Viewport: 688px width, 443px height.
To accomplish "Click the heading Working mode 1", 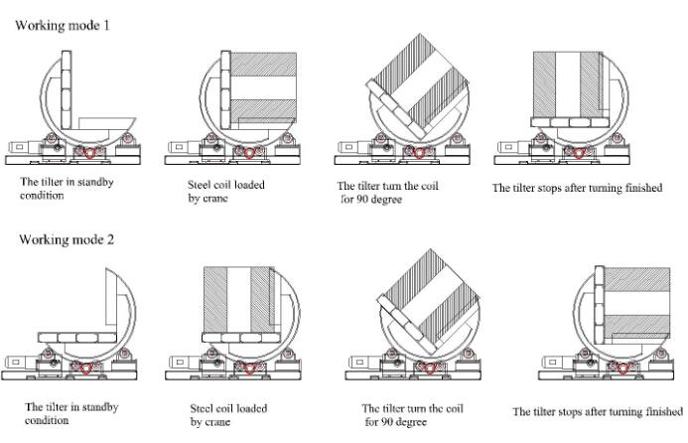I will pyautogui.click(x=62, y=24).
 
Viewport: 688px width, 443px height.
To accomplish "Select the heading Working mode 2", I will pyautogui.click(x=63, y=239).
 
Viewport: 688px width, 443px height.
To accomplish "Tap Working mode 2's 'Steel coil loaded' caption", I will pyautogui.click(x=228, y=414).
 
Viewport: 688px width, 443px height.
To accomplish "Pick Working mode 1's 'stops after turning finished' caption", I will pyautogui.click(x=577, y=188).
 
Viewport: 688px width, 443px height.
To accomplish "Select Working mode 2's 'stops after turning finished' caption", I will pyautogui.click(x=598, y=412).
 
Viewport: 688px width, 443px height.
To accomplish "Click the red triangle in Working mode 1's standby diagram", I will pyautogui.click(x=90, y=154).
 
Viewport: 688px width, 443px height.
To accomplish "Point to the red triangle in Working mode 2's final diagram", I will pyautogui.click(x=621, y=369).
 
